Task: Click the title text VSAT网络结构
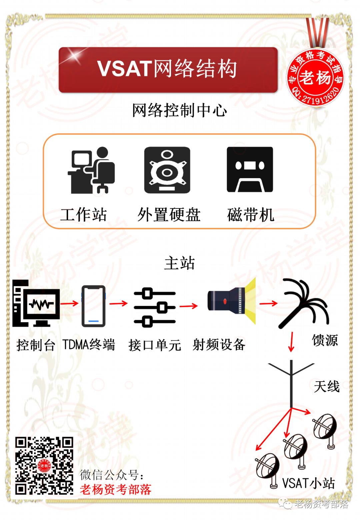point(167,69)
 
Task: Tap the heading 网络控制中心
point(179,111)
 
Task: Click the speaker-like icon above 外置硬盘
point(167,170)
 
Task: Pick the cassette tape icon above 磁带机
point(250,170)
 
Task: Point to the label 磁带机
point(250,215)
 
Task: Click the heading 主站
point(179,263)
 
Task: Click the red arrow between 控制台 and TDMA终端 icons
point(70,304)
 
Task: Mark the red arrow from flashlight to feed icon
point(268,303)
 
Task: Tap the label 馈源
point(325,341)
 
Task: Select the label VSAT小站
point(308,483)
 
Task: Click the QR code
point(44,466)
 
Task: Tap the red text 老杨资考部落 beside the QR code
point(116,490)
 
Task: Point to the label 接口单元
point(155,345)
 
